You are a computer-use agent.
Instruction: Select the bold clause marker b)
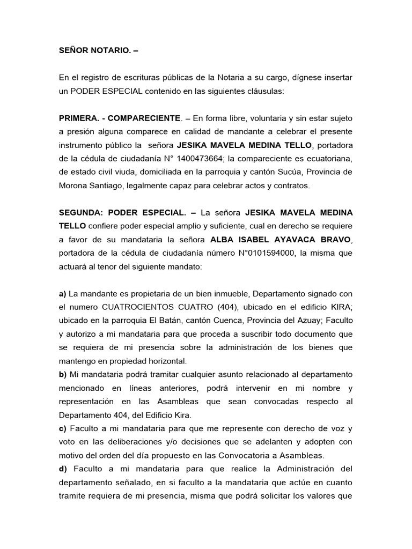point(62,374)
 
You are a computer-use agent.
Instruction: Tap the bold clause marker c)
point(62,428)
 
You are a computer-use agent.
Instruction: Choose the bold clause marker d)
point(63,469)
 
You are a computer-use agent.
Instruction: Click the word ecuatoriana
point(328,158)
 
